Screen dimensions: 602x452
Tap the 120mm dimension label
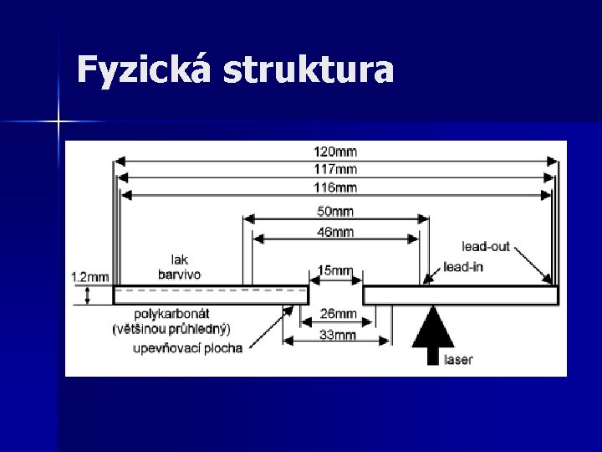click(x=335, y=152)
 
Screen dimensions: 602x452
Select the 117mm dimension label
click(x=335, y=170)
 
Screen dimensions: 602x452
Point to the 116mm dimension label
click(x=335, y=187)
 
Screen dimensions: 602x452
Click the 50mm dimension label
click(x=335, y=211)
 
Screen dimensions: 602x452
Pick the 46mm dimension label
click(x=335, y=232)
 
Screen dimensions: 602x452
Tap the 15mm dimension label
click(x=335, y=271)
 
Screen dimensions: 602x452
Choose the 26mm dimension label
click(x=338, y=315)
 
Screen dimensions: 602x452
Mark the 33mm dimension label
click(x=338, y=335)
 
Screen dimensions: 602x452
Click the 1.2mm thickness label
click(x=89, y=276)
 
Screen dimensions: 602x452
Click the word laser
click(x=459, y=360)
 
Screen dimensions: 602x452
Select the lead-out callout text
click(x=486, y=247)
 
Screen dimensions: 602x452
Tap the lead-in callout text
click(x=465, y=267)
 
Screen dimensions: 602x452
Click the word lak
click(x=180, y=259)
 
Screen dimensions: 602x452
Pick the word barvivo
click(x=180, y=274)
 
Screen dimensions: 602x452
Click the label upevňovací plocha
click(x=188, y=347)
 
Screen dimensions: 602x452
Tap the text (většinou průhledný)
click(x=171, y=329)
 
